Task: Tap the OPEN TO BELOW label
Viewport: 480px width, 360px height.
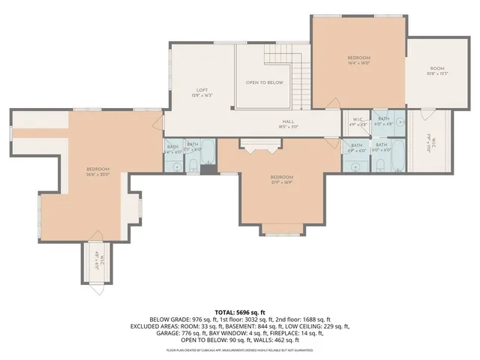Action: point(265,82)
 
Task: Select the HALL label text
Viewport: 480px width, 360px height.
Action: point(288,121)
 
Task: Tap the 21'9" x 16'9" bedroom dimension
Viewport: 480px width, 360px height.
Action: point(282,181)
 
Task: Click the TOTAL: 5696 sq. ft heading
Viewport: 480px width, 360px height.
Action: point(241,311)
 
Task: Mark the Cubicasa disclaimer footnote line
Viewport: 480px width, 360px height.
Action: point(241,349)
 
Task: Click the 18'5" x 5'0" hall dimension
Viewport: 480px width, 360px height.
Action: point(288,127)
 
